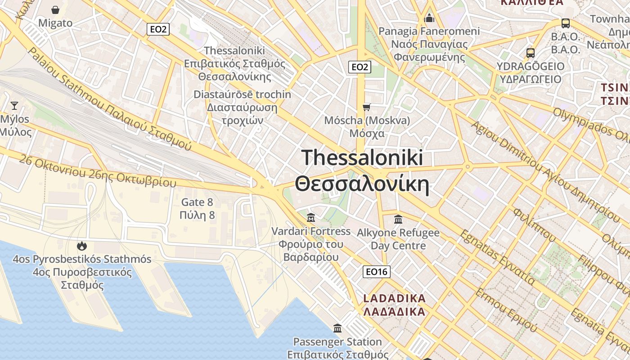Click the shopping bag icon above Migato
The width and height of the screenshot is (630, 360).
click(55, 10)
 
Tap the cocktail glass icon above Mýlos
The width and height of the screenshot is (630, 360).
click(14, 106)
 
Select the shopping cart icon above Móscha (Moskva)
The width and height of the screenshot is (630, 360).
click(367, 107)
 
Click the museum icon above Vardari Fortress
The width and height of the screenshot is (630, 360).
click(310, 218)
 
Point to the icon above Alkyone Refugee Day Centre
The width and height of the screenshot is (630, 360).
click(398, 220)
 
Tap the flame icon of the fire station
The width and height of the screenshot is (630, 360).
click(81, 246)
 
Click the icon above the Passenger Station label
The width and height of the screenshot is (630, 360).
click(337, 328)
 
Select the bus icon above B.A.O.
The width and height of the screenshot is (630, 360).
click(566, 23)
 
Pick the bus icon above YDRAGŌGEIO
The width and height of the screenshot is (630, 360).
click(531, 53)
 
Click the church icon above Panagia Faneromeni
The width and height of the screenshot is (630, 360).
click(429, 18)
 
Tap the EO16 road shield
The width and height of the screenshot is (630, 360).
click(377, 272)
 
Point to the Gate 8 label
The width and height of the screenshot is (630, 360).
click(197, 202)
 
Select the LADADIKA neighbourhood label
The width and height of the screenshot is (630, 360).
click(394, 298)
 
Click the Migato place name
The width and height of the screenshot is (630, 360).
click(55, 23)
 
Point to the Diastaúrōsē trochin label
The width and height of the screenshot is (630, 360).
click(242, 95)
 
